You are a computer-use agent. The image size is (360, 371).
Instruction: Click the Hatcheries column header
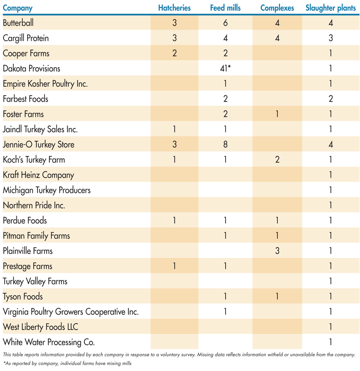[x=174, y=8]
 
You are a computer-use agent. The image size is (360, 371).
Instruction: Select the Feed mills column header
[x=225, y=8]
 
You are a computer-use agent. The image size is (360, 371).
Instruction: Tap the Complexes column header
[x=277, y=8]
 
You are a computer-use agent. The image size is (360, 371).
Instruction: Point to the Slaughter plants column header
[x=331, y=8]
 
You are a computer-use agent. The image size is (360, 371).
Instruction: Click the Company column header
[x=18, y=8]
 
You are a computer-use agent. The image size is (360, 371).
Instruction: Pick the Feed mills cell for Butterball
[x=225, y=23]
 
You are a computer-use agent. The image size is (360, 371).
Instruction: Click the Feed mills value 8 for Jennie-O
[x=225, y=144]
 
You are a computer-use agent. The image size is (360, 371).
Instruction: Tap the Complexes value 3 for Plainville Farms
[x=277, y=251]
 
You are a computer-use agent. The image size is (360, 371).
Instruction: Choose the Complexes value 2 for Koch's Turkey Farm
[x=277, y=160]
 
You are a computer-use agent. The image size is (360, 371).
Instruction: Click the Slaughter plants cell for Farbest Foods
[x=331, y=99]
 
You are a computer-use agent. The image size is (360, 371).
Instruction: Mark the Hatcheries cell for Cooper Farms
[x=174, y=53]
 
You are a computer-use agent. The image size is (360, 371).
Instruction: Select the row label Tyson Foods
[x=23, y=296]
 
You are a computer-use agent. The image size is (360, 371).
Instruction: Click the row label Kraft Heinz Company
[x=39, y=175]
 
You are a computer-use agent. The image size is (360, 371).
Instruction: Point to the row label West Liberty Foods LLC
[x=40, y=327]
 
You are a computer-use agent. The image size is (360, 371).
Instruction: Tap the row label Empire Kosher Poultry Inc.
[x=45, y=84]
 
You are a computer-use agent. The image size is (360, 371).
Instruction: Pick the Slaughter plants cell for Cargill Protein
[x=331, y=38]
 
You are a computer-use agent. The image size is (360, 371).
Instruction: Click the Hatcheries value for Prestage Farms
[x=174, y=266]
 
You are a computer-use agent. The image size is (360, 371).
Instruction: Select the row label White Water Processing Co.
[x=49, y=342]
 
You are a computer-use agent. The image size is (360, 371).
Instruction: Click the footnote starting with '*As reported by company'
[x=67, y=364]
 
